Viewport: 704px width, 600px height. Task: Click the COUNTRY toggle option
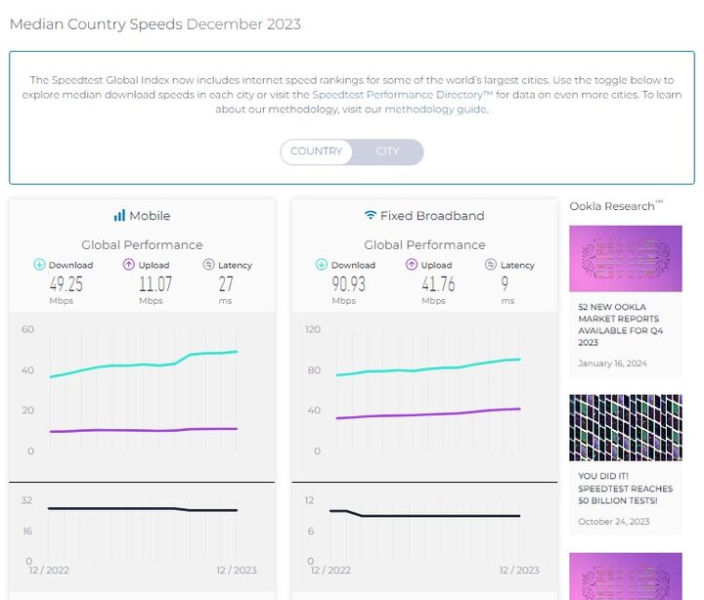click(316, 151)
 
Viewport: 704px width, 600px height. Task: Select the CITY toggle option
click(387, 151)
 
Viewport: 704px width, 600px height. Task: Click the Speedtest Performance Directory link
click(404, 95)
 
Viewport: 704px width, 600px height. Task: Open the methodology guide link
click(435, 109)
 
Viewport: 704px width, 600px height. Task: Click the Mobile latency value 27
click(226, 284)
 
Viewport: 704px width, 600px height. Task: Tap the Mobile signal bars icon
click(119, 215)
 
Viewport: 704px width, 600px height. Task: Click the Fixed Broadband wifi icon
click(371, 215)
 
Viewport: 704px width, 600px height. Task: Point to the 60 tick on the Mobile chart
click(27, 329)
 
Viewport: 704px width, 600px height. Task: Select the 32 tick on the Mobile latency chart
click(27, 500)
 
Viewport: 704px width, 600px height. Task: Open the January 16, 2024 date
click(611, 364)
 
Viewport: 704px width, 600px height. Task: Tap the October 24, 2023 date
click(613, 521)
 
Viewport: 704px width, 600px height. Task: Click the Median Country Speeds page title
click(96, 24)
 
